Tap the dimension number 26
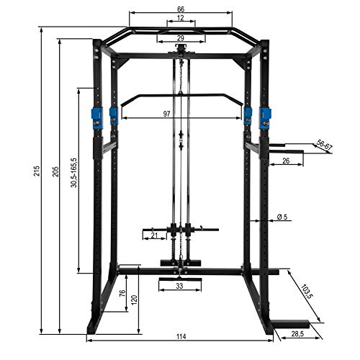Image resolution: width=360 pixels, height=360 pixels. pyautogui.click(x=285, y=161)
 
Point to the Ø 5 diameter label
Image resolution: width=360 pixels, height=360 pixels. pyautogui.click(x=282, y=217)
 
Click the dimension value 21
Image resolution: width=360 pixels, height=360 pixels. pyautogui.click(x=153, y=235)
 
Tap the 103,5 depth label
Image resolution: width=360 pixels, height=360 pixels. pyautogui.click(x=305, y=295)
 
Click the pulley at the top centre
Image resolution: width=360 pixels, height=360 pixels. pyautogui.click(x=179, y=49)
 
